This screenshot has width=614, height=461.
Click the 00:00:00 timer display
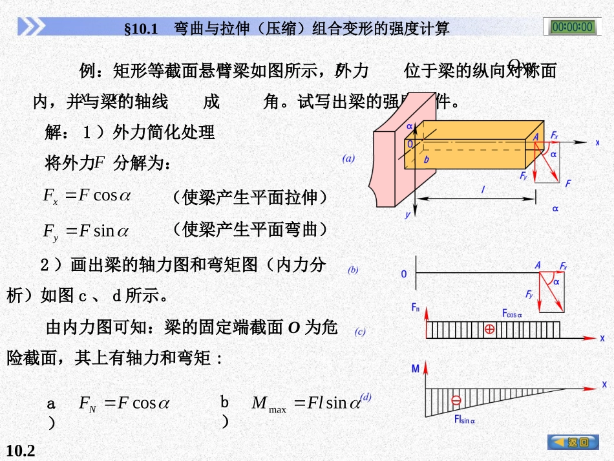pyautogui.click(x=572, y=27)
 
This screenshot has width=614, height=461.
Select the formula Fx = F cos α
pyautogui.click(x=87, y=195)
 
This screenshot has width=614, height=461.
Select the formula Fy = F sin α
pyautogui.click(x=86, y=230)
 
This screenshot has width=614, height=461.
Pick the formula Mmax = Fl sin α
pyautogui.click(x=306, y=404)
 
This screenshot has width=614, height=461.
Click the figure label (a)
pyautogui.click(x=349, y=158)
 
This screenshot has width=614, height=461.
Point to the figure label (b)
pyautogui.click(x=353, y=270)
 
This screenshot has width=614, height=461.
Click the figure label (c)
pyautogui.click(x=360, y=332)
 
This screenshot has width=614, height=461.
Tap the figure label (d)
pyautogui.click(x=366, y=397)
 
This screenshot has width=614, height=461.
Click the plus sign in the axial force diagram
pyautogui.click(x=489, y=329)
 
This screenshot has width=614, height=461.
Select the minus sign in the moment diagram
pyautogui.click(x=456, y=400)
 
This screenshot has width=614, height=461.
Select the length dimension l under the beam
pyautogui.click(x=483, y=189)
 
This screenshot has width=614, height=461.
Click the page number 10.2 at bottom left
pyautogui.click(x=21, y=451)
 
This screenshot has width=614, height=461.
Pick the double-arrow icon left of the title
pyautogui.click(x=31, y=27)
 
